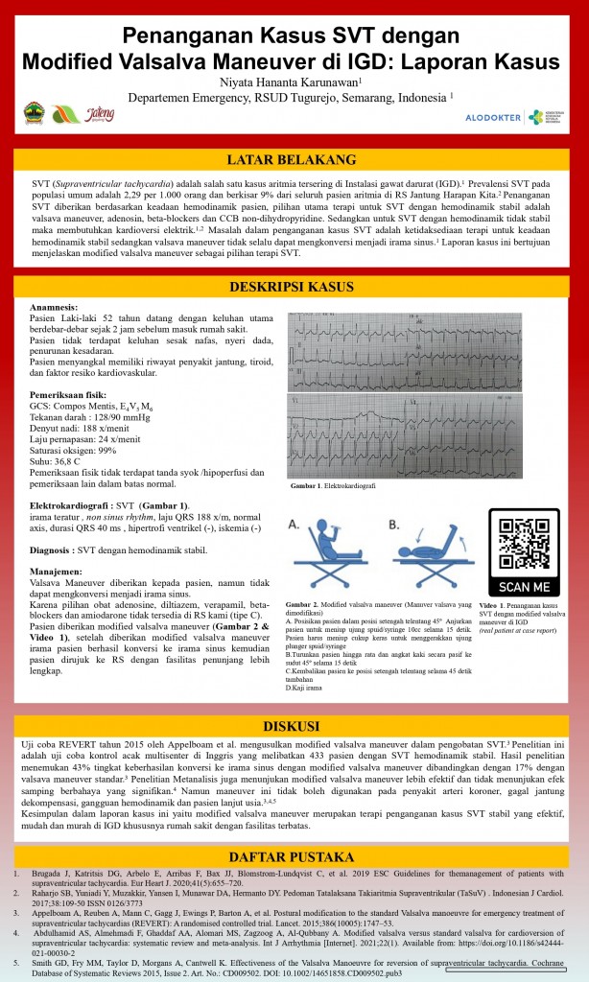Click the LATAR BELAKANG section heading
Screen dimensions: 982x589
click(294, 159)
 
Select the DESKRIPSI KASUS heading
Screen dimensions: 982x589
click(294, 287)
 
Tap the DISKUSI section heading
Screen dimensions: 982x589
click(294, 724)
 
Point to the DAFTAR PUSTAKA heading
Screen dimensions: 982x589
click(294, 856)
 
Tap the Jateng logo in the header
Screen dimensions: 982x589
click(100, 114)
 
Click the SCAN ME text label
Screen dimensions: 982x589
click(524, 586)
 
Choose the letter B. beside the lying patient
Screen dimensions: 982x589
click(394, 525)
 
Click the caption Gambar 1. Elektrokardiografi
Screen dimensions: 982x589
click(333, 486)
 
